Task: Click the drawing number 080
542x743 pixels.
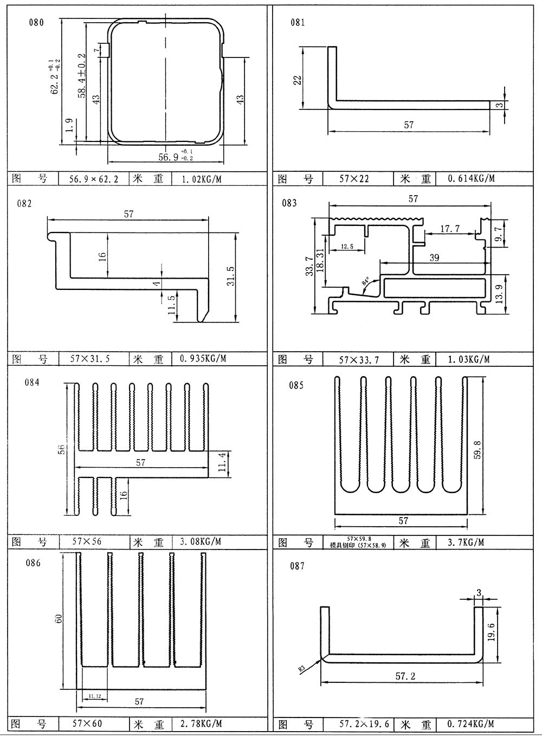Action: pyautogui.click(x=37, y=22)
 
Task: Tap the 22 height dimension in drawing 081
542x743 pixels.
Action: pyautogui.click(x=298, y=80)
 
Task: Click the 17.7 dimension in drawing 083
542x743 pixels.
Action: pyautogui.click(x=449, y=229)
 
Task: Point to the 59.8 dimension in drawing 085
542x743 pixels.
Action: pyautogui.click(x=478, y=450)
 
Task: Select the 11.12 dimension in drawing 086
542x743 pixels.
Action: pyautogui.click(x=95, y=695)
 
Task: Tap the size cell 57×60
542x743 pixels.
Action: pyautogui.click(x=87, y=723)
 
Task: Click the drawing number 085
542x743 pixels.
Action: pyautogui.click(x=296, y=385)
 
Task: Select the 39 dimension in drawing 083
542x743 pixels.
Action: pyautogui.click(x=434, y=257)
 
